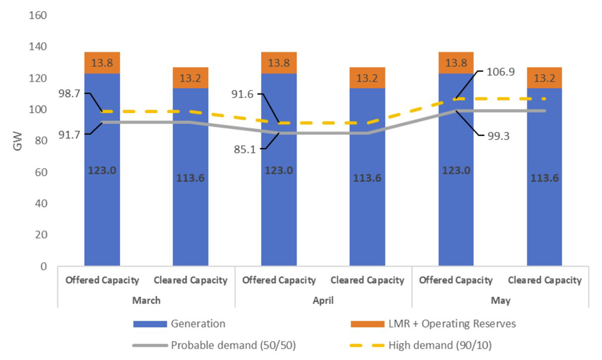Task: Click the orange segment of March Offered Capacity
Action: coord(102,63)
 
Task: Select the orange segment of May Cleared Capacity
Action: coord(544,78)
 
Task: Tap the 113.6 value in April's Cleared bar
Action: coord(367,178)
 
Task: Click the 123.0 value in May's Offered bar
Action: coord(456,170)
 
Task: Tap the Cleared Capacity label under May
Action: coord(545,280)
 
